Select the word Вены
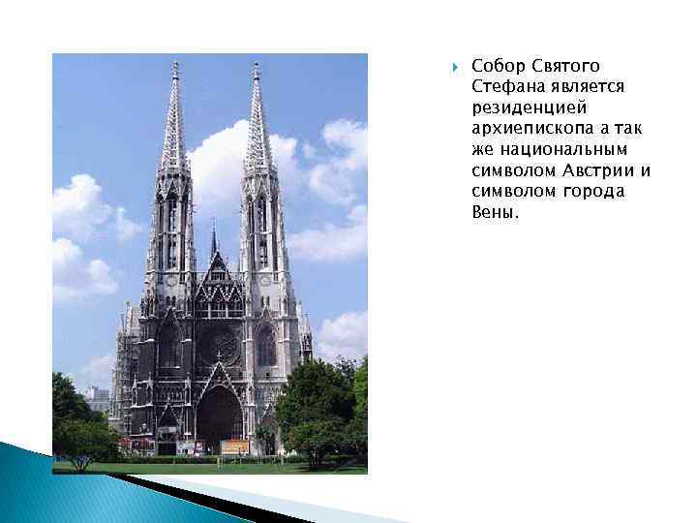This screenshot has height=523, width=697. (495, 212)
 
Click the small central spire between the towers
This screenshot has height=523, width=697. (214, 232)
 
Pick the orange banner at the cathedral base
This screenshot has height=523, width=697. (235, 446)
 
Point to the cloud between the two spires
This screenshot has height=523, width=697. (217, 155)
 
